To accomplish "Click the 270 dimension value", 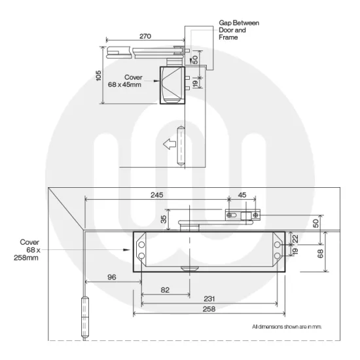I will click(x=145, y=37).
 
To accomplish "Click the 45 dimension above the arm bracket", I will click(x=242, y=195).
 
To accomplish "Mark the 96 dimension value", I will click(x=113, y=278).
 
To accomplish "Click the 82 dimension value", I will click(x=165, y=290).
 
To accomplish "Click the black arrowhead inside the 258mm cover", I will click(x=128, y=249).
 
